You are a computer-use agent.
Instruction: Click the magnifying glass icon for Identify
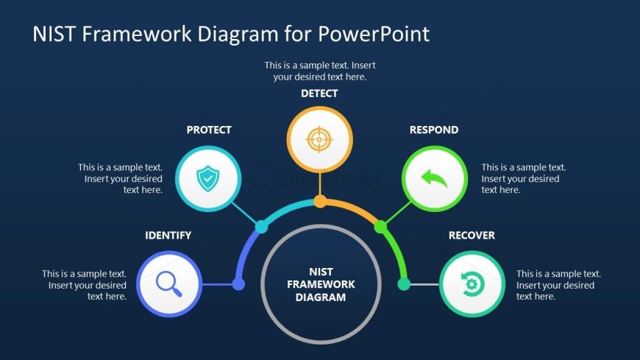[168, 284]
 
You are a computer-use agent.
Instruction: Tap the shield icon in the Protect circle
[209, 177]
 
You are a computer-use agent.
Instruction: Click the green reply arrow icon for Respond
[434, 177]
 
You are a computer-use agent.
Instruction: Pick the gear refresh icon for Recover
[472, 284]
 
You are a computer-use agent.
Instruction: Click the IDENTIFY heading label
[168, 236]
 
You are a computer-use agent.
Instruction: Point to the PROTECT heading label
[209, 130]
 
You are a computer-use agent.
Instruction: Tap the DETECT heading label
[319, 93]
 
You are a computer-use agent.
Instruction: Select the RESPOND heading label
[434, 130]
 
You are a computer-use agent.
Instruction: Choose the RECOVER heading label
[472, 236]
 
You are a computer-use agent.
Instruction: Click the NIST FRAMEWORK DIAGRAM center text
[321, 285]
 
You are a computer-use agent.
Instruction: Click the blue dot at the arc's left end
[238, 284]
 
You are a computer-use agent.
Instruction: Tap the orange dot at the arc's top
[320, 201]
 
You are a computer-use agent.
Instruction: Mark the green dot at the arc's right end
[403, 284]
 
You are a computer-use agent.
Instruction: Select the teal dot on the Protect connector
[260, 226]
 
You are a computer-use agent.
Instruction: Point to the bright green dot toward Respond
[380, 227]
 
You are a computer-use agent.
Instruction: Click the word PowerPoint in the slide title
[374, 34]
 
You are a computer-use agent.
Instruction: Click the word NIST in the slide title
[54, 34]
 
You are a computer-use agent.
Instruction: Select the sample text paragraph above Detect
[320, 71]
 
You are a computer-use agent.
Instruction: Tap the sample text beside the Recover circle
[558, 285]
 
